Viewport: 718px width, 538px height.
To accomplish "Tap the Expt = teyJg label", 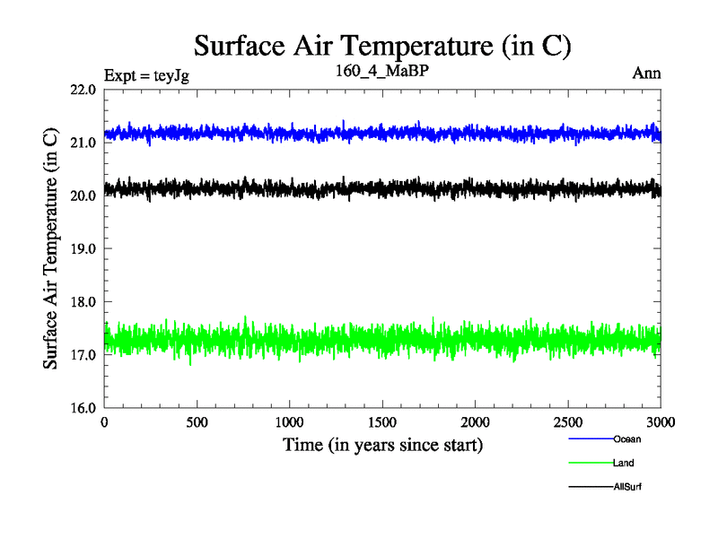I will [146, 74].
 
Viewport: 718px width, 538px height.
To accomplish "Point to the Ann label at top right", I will [647, 74].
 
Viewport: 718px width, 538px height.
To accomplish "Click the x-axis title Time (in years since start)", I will [383, 445].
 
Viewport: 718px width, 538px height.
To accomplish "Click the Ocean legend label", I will [627, 439].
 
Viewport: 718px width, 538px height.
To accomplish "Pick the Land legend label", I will [624, 464].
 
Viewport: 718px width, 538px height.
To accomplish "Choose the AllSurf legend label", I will [628, 487].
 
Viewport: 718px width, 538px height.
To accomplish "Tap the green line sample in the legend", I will [591, 464].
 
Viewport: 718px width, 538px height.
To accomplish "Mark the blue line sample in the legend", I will [591, 439].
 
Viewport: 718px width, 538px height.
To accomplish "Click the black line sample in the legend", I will [591, 487].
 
